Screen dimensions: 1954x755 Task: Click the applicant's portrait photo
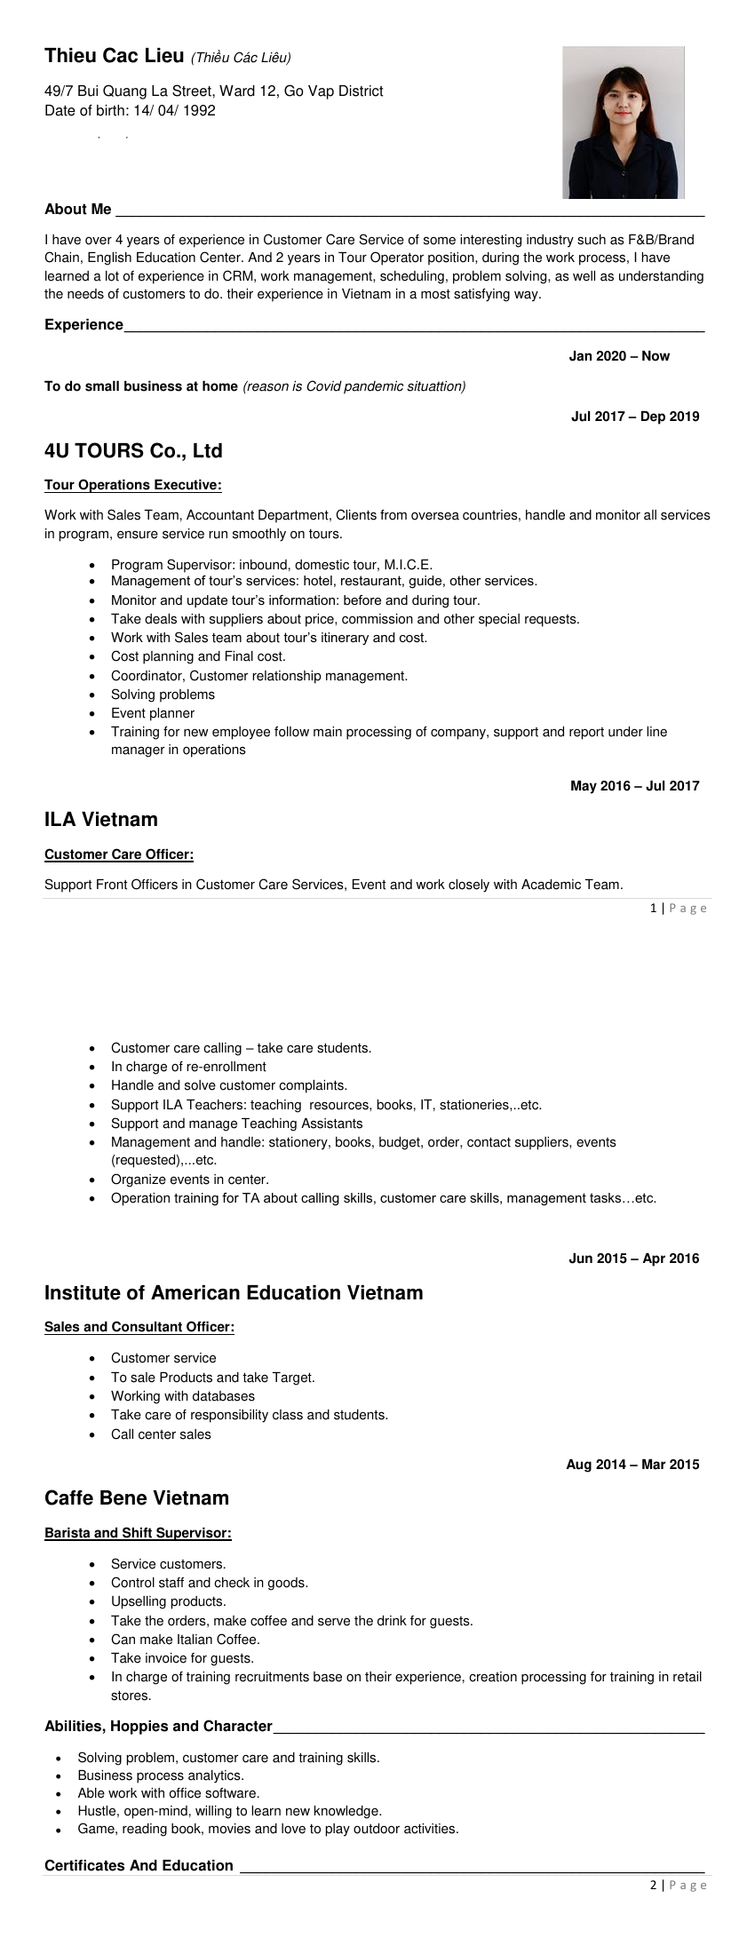(x=624, y=123)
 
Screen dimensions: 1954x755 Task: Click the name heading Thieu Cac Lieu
(x=114, y=56)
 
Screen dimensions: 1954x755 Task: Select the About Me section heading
(x=78, y=210)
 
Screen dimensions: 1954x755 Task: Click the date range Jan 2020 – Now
(x=619, y=356)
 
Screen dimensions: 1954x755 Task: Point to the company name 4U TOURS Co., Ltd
(x=133, y=451)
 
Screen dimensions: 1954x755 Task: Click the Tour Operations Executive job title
(x=133, y=485)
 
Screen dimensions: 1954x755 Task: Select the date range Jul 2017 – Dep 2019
(x=634, y=417)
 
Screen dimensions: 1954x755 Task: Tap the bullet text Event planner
(x=153, y=713)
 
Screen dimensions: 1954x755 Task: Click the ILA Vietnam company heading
(x=101, y=820)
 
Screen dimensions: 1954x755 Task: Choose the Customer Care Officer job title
(x=119, y=854)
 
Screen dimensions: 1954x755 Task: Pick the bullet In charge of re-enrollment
(x=188, y=1067)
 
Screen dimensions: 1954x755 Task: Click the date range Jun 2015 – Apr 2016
(x=633, y=1259)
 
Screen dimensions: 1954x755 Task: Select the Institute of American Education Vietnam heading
(x=234, y=1293)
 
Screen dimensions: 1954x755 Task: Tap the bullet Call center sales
(x=161, y=1434)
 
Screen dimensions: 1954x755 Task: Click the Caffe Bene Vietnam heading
(x=137, y=1498)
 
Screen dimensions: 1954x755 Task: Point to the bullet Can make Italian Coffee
(x=185, y=1640)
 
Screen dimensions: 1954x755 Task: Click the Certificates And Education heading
(x=139, y=1865)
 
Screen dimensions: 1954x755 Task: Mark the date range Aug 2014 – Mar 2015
(x=632, y=1465)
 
